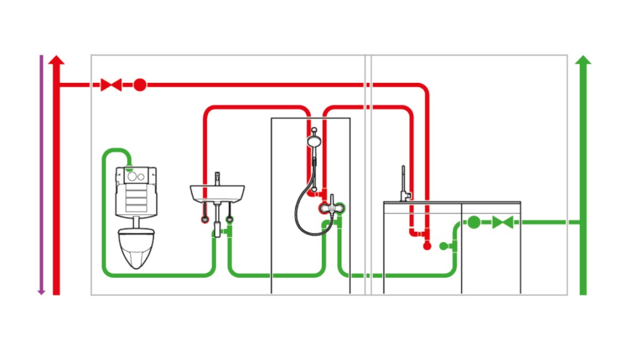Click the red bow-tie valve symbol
click(111, 85)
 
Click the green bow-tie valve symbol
click(502, 222)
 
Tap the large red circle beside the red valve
click(140, 85)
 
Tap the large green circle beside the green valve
click(474, 222)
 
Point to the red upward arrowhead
click(56, 59)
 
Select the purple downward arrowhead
click(41, 292)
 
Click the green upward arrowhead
click(583, 59)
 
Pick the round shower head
click(314, 141)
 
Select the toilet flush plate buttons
click(136, 176)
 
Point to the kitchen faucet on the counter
click(404, 185)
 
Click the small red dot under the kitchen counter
click(427, 246)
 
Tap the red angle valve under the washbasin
click(204, 220)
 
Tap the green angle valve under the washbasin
click(229, 220)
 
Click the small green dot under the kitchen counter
click(443, 246)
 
